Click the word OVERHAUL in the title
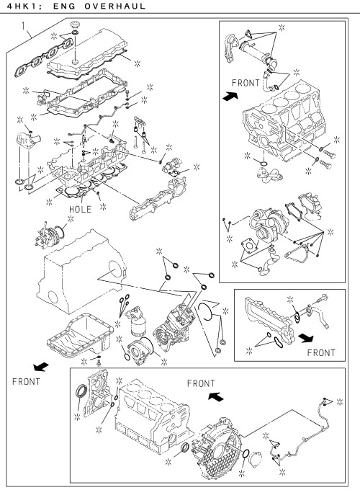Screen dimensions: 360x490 coord(115,6)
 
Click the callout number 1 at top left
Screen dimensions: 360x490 coord(24,26)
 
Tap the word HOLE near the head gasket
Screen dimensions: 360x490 coord(80,209)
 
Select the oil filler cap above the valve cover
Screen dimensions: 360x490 coord(75,24)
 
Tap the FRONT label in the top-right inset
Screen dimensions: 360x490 coord(246,83)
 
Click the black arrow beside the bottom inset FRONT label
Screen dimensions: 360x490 coord(216,397)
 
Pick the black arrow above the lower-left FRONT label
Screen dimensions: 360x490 coord(41,367)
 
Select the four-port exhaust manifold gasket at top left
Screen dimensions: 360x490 coord(44,57)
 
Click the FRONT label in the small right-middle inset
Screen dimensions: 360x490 coord(321,353)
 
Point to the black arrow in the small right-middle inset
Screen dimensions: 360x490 coord(306,337)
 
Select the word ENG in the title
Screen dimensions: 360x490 coord(64,6)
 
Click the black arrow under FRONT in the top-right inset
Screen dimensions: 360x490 coord(230,96)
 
